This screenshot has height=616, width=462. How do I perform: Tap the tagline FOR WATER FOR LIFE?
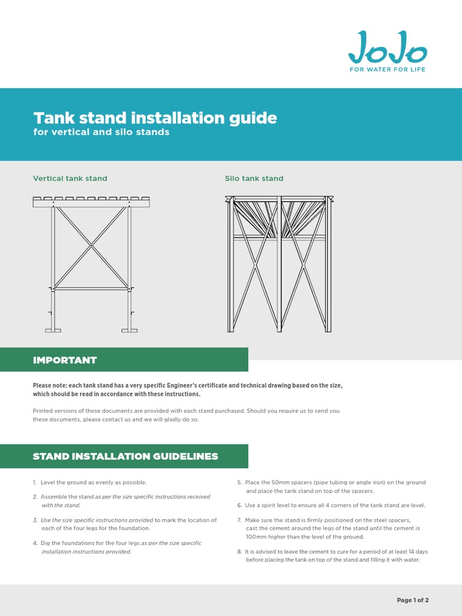coord(387,70)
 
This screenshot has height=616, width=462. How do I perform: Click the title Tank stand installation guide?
coord(155,117)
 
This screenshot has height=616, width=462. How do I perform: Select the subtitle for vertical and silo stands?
coord(101,132)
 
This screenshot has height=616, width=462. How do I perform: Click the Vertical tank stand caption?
coord(70,179)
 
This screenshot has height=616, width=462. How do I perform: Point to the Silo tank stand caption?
coord(254,179)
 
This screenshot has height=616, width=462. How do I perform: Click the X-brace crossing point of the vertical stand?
coord(91,245)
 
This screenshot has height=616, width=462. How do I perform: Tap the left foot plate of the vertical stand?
coord(53,330)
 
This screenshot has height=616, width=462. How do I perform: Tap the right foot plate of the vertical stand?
coord(129,330)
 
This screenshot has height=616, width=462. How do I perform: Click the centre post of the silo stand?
coord(279,265)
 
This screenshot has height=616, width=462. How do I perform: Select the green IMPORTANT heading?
coord(64,360)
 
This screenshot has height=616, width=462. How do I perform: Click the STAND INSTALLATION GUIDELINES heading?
coord(125,457)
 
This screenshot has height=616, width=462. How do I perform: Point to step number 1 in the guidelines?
coord(35,482)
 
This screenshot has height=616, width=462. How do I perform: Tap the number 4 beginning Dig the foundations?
coord(35,543)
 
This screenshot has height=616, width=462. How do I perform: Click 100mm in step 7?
coord(256,537)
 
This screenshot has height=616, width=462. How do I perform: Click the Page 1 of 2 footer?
coord(413,600)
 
